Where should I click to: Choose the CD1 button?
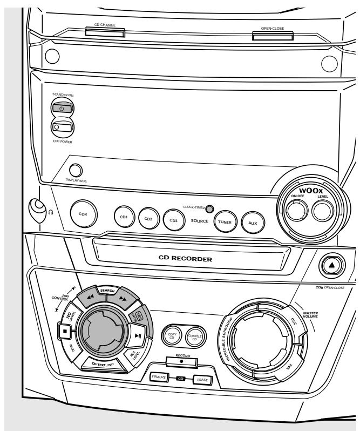point(123,217)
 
